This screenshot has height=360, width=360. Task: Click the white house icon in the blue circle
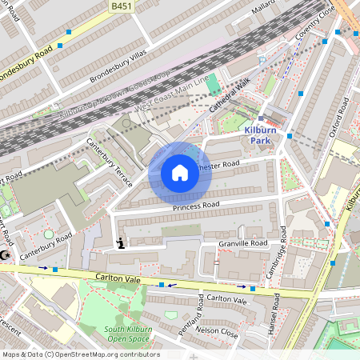click(180, 173)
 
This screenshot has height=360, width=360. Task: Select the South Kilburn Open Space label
click(112, 334)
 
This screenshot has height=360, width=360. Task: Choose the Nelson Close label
click(218, 329)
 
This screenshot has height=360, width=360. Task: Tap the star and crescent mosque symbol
click(6, 254)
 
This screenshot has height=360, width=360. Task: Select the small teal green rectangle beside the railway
click(213, 82)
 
